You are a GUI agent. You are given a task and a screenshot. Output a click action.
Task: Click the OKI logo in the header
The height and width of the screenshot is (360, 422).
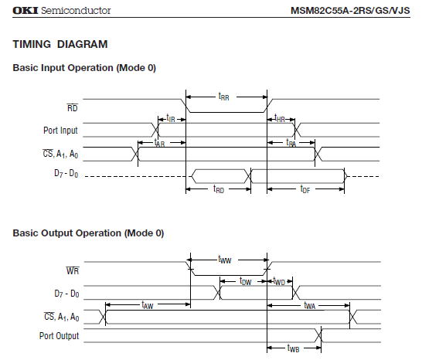pos(25,11)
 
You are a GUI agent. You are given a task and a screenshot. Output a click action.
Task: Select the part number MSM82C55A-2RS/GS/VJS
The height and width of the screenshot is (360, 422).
pos(350,11)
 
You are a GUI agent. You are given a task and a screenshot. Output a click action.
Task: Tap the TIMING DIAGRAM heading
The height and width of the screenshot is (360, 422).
pos(60,44)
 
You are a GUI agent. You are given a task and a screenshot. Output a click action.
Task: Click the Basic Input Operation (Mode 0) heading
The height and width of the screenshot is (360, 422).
pos(84,67)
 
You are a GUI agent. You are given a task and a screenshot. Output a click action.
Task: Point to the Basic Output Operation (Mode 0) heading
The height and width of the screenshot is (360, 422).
pos(88,233)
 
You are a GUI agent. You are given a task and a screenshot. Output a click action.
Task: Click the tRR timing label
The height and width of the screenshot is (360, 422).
pos(223,97)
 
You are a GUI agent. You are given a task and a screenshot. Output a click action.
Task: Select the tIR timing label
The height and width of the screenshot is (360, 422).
pos(171,118)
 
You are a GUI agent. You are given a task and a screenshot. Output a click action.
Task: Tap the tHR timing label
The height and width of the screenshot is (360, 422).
pos(279,118)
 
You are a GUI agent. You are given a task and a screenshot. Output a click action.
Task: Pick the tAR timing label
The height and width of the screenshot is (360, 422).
pos(159,143)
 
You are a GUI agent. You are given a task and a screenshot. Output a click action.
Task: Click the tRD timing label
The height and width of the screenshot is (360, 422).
pos(219,189)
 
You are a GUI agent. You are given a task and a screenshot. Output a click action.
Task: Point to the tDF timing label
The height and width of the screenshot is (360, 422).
pos(305,189)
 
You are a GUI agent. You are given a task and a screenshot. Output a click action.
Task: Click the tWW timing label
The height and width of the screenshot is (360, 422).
pos(225,260)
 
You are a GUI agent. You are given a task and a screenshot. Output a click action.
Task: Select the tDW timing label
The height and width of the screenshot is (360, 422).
pos(246,281)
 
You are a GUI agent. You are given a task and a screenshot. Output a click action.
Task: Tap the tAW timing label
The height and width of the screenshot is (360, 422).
pos(148,305)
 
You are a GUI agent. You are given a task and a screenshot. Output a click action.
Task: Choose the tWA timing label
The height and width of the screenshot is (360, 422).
pos(309,305)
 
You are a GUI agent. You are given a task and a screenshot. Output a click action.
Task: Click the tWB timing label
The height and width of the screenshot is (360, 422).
pos(293,348)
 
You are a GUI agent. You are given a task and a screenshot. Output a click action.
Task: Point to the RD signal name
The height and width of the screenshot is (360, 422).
pos(73,107)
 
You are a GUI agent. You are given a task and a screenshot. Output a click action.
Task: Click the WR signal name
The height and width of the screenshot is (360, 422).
pos(73,270)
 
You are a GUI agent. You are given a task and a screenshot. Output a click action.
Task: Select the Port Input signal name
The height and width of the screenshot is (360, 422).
pos(60,131)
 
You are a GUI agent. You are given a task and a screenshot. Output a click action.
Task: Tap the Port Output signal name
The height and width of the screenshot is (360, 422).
pos(60,336)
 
